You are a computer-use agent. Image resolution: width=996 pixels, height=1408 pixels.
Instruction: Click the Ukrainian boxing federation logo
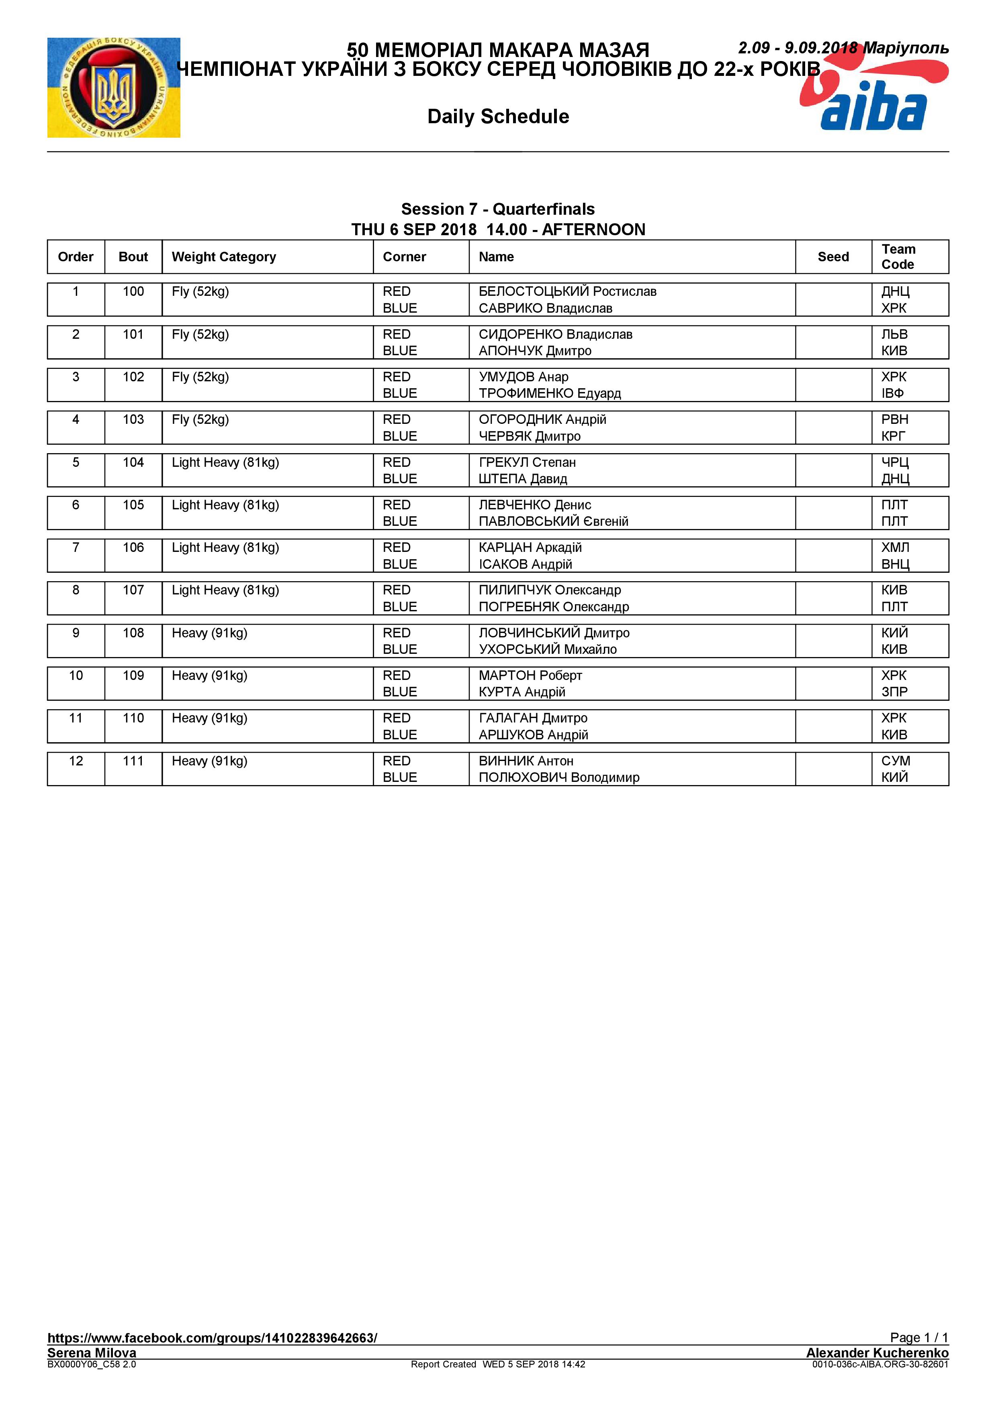114,87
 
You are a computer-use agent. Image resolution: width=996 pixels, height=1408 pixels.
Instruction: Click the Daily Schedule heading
498,116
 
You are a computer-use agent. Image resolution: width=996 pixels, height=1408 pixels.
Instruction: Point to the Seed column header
833,257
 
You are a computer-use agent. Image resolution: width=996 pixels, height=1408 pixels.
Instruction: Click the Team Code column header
898,257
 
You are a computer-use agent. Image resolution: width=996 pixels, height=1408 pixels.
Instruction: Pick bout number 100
133,292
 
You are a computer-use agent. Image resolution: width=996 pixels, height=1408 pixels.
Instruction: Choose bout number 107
133,590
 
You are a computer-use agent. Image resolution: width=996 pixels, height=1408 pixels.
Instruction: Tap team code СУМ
896,761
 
